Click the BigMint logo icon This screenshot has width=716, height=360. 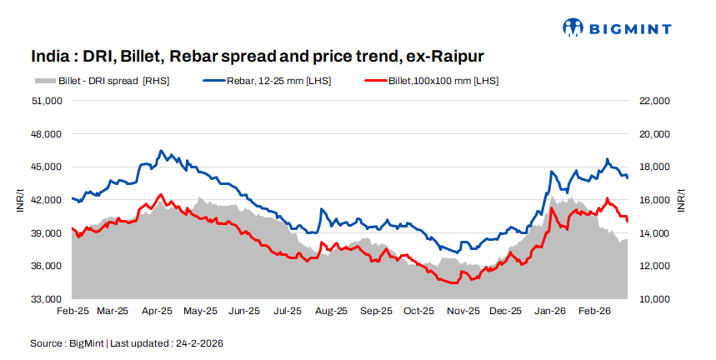(x=574, y=27)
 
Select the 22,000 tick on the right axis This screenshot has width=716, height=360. (x=653, y=101)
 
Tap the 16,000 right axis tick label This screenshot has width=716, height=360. (x=653, y=200)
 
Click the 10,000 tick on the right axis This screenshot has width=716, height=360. (x=653, y=299)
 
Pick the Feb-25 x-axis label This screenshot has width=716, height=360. (x=73, y=311)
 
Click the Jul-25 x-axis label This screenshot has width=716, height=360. (x=287, y=311)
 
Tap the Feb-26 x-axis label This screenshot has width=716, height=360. (x=594, y=311)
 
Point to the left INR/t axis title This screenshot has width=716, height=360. (x=20, y=200)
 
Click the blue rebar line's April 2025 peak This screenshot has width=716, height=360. (x=162, y=151)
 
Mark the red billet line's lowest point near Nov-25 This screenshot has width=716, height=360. (x=453, y=283)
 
